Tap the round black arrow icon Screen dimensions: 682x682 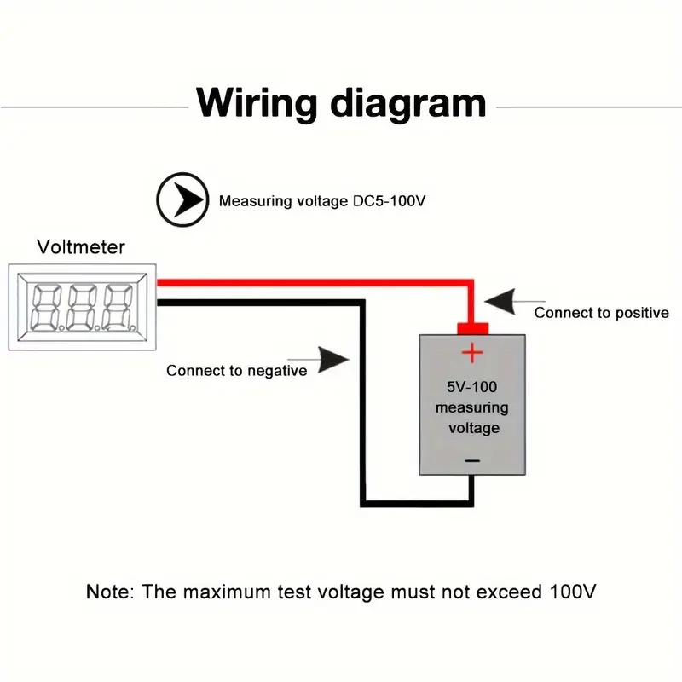click(182, 200)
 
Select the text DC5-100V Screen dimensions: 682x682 click(389, 202)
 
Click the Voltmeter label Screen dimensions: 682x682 click(81, 247)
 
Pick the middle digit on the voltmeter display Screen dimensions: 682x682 click(82, 307)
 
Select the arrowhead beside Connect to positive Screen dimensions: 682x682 click(502, 300)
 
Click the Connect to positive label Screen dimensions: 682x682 click(601, 313)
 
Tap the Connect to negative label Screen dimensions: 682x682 click(236, 370)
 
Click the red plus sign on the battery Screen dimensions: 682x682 click(472, 351)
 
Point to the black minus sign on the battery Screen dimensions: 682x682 click(472, 460)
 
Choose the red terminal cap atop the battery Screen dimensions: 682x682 click(472, 328)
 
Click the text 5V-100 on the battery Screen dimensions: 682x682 click(472, 387)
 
